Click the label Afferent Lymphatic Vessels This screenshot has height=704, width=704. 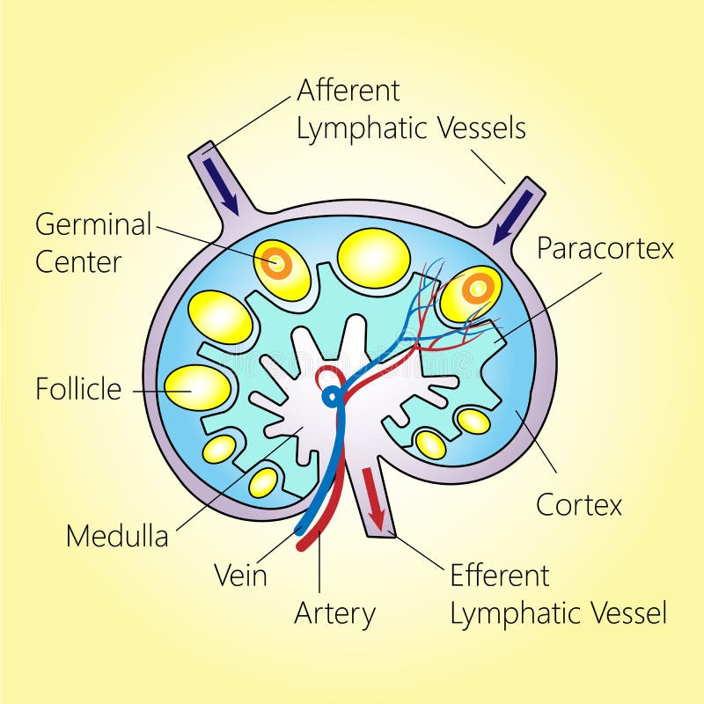coord(410,109)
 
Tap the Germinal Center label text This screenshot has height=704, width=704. coord(93,242)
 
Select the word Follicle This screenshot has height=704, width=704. coord(78,389)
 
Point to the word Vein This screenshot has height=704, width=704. coord(240,576)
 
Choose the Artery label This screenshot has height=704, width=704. coord(334,613)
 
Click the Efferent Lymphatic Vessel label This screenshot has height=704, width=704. coord(558,594)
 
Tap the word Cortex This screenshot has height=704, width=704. coord(579,505)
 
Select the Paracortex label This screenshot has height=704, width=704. coord(605,248)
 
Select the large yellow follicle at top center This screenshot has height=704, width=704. coord(374,258)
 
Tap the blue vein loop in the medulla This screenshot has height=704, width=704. coord(332,397)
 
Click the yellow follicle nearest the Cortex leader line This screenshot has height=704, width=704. coord(473,422)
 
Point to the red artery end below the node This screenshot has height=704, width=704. coord(305,543)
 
